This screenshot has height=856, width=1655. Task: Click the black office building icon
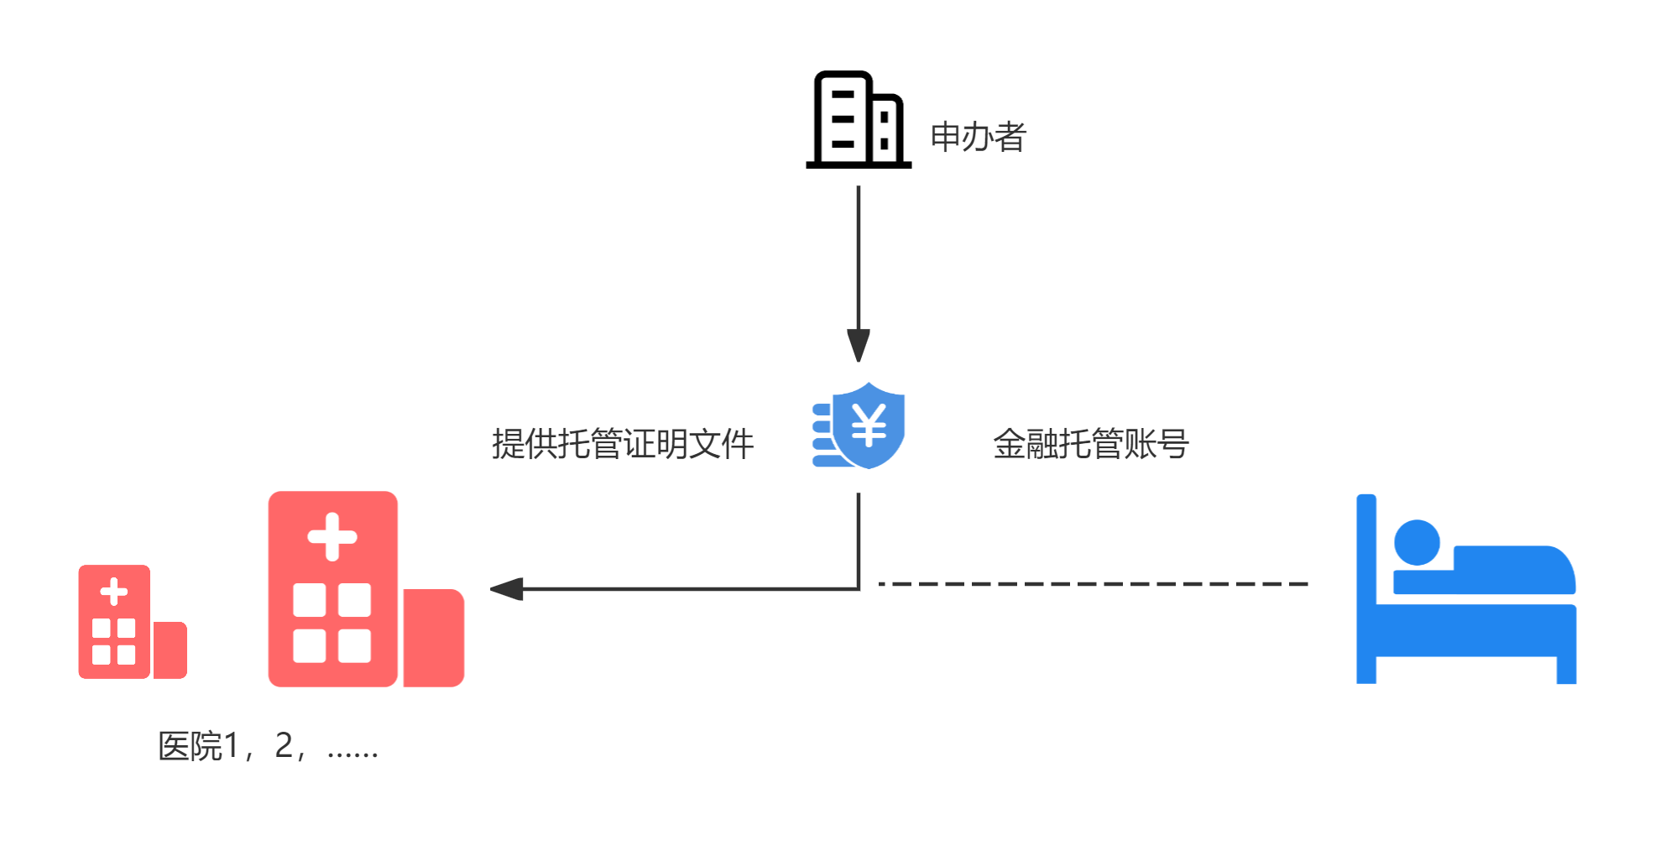point(858,120)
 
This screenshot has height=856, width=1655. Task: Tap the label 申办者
point(978,137)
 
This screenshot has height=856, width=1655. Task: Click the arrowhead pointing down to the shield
point(858,344)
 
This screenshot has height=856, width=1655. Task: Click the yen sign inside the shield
point(869,425)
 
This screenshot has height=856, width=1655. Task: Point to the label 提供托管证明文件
point(623,444)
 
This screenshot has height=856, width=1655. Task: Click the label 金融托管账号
point(1090,444)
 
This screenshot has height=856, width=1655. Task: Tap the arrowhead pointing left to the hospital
point(507,589)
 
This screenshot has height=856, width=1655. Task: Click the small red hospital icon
point(131,622)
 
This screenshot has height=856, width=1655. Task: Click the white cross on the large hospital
point(332,536)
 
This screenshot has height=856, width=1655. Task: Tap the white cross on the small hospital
point(114,592)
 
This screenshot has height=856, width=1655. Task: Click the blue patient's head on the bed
point(1417,543)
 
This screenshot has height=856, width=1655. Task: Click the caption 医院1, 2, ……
point(269,746)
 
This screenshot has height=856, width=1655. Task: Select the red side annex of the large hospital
point(433,638)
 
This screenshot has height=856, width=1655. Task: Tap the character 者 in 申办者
point(1010,137)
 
